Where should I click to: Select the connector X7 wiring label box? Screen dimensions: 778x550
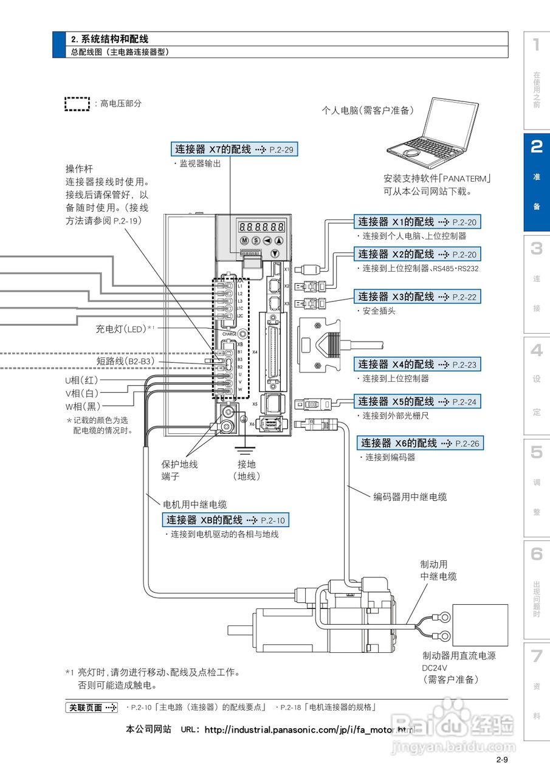(x=235, y=149)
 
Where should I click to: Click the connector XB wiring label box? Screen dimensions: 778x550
(x=225, y=520)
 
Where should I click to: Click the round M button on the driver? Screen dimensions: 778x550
(x=244, y=241)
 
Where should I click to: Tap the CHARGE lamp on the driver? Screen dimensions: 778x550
(x=242, y=334)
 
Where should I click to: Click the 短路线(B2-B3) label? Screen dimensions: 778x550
(x=125, y=361)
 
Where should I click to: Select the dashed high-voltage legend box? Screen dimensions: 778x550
(x=77, y=104)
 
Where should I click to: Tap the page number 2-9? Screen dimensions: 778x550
(x=501, y=760)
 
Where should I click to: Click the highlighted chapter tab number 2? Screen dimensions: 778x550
(x=537, y=146)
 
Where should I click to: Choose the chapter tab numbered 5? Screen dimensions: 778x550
(x=537, y=452)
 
